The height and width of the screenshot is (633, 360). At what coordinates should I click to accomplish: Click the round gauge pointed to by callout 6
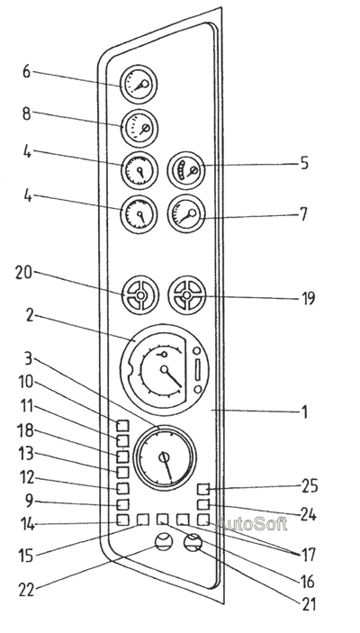pyautogui.click(x=139, y=85)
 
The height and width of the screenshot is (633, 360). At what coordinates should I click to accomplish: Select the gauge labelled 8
pyautogui.click(x=139, y=129)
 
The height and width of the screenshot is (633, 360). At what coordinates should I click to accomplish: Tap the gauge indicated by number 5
pyautogui.click(x=186, y=170)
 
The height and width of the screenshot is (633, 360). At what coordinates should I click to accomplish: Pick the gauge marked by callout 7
pyautogui.click(x=186, y=214)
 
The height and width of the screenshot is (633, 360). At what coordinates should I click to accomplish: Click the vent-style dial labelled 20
pyautogui.click(x=140, y=295)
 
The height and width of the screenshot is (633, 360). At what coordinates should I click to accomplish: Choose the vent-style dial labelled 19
pyautogui.click(x=187, y=295)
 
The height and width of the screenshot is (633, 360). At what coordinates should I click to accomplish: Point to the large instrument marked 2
pyautogui.click(x=165, y=370)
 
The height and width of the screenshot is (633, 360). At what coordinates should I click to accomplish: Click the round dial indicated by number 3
pyautogui.click(x=165, y=457)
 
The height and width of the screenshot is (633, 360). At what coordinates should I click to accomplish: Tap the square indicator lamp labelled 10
pyautogui.click(x=122, y=426)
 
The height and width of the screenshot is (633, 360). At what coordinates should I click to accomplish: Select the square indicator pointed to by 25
pyautogui.click(x=203, y=489)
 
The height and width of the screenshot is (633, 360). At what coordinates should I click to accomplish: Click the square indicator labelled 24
pyautogui.click(x=203, y=504)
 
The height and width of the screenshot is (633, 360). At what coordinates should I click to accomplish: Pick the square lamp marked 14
pyautogui.click(x=122, y=520)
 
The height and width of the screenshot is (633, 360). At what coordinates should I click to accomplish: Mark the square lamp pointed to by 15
pyautogui.click(x=143, y=520)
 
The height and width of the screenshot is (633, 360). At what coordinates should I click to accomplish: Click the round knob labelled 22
pyautogui.click(x=164, y=541)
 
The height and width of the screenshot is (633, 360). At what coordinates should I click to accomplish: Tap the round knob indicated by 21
pyautogui.click(x=193, y=542)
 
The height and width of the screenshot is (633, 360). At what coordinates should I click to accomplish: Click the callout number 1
pyautogui.click(x=305, y=411)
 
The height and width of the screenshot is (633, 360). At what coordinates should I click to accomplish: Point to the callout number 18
pyautogui.click(x=26, y=431)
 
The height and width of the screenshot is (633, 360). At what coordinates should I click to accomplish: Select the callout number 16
pyautogui.click(x=307, y=582)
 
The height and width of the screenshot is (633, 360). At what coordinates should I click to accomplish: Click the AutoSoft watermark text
pyautogui.click(x=251, y=524)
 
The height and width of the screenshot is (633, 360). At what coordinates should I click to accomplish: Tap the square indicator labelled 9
pyautogui.click(x=122, y=504)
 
